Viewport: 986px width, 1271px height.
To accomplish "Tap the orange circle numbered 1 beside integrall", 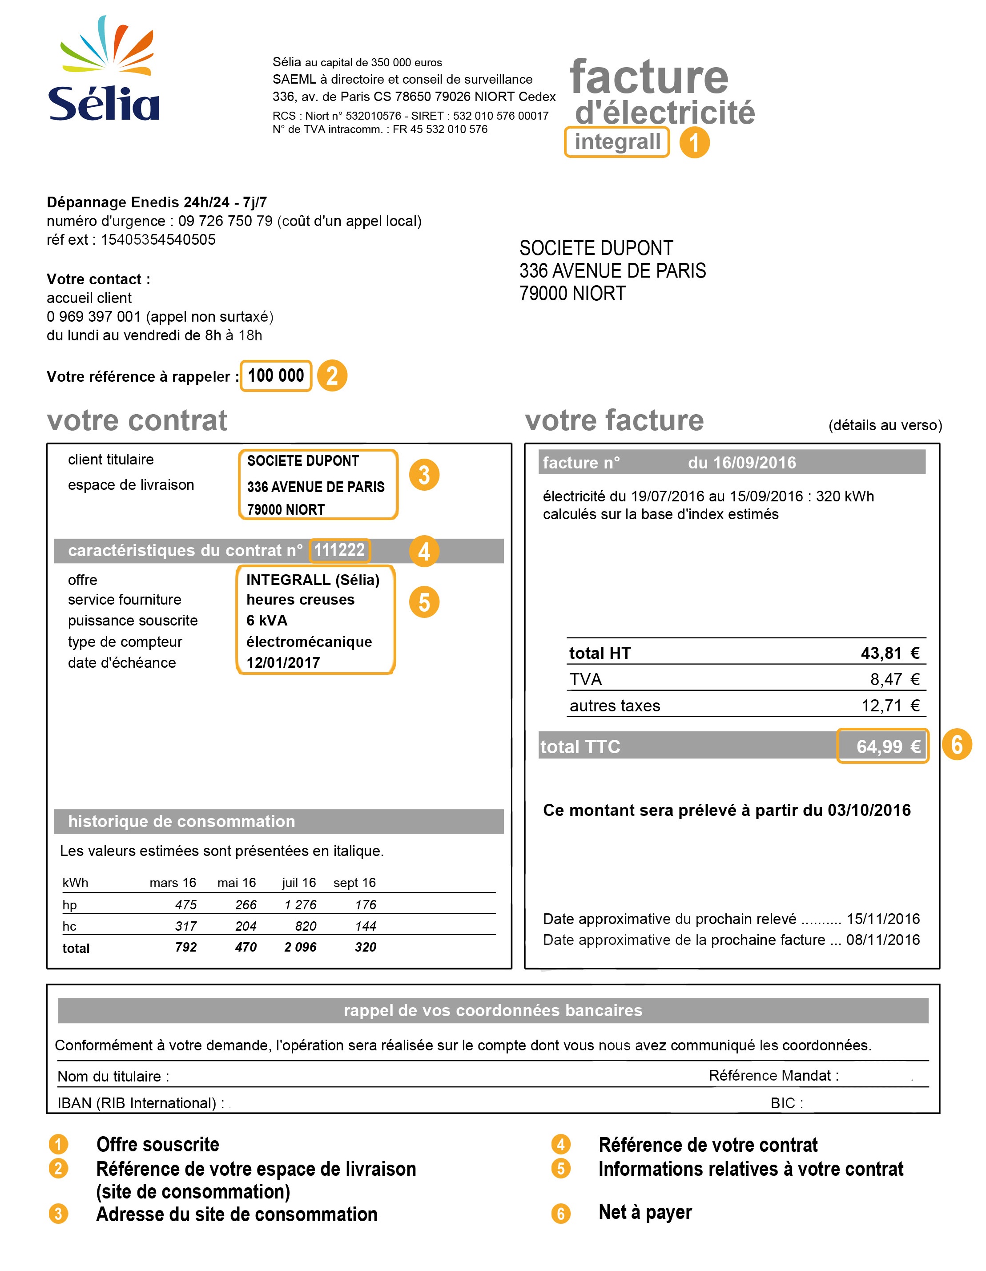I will (x=694, y=142).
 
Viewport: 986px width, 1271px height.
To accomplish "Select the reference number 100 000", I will (x=276, y=376).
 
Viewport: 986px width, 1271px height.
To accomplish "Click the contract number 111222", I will (x=339, y=550).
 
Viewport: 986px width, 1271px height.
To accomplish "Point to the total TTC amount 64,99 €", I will (x=888, y=746).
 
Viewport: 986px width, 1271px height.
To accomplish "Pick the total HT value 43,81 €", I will (x=889, y=653).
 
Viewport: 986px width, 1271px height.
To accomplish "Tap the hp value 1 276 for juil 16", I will (x=300, y=905).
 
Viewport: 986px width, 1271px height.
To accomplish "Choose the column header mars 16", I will (x=173, y=883).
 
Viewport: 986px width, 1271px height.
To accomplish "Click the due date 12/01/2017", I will (x=283, y=663).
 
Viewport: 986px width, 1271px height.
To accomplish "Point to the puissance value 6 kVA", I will (x=267, y=620).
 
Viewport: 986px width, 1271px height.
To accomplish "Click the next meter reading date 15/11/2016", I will (x=883, y=919).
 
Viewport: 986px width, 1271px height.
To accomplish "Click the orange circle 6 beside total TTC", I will (x=956, y=745).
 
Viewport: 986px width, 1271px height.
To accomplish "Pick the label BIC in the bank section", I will (x=786, y=1103).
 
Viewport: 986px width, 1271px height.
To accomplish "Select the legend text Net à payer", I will (x=645, y=1212).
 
